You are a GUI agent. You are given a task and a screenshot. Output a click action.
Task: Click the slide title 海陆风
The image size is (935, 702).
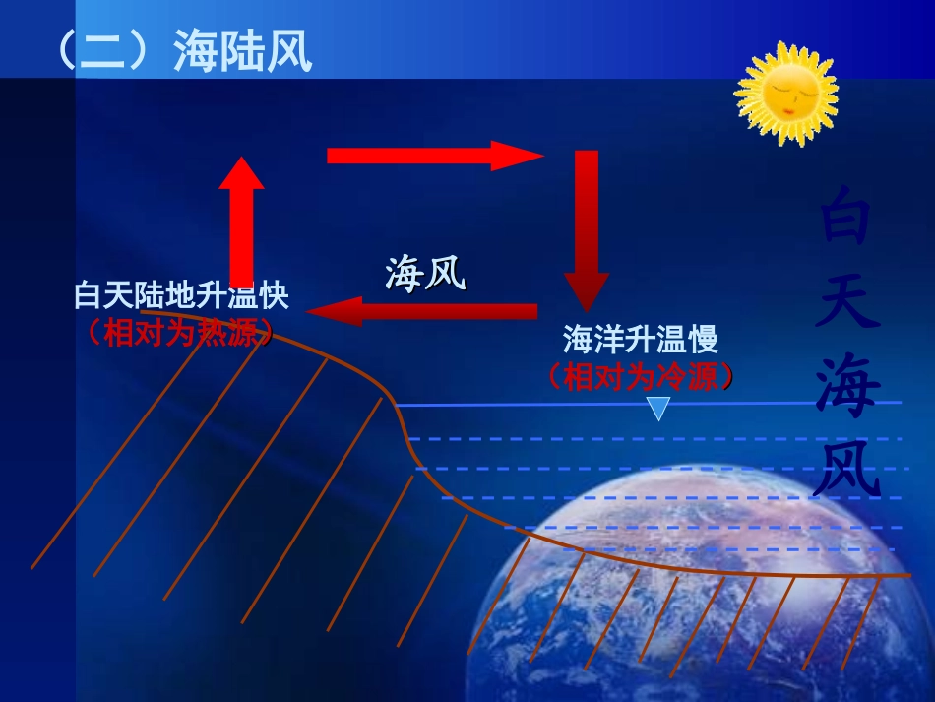tap(242, 51)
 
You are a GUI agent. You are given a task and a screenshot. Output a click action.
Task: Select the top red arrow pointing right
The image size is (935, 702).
tap(433, 156)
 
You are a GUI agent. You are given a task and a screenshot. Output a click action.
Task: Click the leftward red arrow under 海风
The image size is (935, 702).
tap(423, 312)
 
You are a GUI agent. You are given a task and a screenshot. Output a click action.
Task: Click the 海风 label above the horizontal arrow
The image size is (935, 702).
tap(424, 273)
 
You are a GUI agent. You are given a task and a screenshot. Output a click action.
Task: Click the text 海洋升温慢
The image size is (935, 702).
tap(640, 341)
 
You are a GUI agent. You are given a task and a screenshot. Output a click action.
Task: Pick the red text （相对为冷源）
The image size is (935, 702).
tap(640, 377)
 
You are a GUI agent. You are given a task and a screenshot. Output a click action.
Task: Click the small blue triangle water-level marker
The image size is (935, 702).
tap(657, 408)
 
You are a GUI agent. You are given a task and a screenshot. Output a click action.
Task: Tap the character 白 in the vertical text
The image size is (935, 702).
tap(844, 218)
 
